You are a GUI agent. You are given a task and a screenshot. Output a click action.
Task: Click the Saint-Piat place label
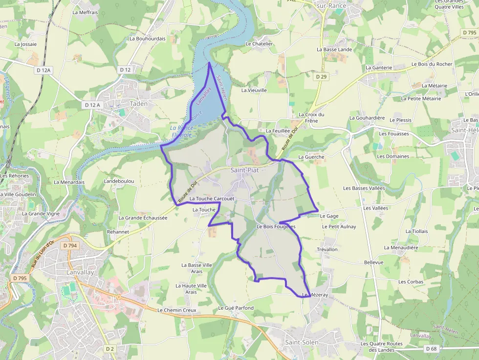point(244,170)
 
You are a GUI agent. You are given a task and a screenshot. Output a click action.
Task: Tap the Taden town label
point(138,104)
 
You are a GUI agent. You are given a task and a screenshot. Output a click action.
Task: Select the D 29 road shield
point(321,77)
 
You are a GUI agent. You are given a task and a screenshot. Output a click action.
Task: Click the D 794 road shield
point(70,246)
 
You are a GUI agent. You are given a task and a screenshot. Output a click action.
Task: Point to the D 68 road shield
point(431,349)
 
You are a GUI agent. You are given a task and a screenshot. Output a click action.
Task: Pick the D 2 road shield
point(110,349)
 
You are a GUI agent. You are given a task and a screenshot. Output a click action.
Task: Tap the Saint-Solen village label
point(302,342)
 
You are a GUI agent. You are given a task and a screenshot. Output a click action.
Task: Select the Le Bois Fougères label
point(276,227)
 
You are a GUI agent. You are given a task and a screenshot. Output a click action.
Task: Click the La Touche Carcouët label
point(212,199)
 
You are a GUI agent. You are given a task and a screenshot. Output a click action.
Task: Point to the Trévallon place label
point(327,250)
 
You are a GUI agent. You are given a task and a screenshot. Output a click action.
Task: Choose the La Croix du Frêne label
point(311,117)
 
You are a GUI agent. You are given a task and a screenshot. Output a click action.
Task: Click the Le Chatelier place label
point(259,43)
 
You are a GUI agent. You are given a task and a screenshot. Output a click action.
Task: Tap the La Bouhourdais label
point(148,38)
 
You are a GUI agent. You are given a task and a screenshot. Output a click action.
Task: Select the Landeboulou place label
point(119,181)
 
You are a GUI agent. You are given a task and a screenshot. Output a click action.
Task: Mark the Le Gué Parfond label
point(236,308)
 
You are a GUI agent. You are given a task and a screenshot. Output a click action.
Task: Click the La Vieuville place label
point(254,90)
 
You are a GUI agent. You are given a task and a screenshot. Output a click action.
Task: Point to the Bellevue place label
point(374,262)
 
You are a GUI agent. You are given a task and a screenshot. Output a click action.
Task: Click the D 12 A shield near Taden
point(92,105)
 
